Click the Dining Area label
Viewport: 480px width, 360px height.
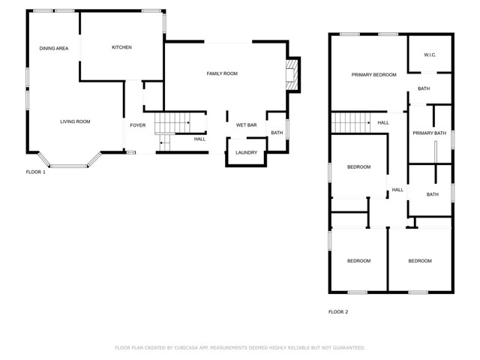coord(54,48)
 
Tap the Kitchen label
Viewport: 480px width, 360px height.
coord(121,47)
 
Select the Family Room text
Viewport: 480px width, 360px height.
coord(222,73)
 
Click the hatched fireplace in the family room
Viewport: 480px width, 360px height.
coord(292,75)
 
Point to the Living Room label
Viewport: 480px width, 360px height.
coord(75,121)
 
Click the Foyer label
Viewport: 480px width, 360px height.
coord(138,125)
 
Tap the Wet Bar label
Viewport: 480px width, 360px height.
coord(247,125)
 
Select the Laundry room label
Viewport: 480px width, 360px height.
coord(247,152)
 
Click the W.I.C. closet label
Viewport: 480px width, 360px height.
coord(430,55)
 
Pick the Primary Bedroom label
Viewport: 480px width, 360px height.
coord(373,75)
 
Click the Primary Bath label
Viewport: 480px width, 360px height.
coord(430,133)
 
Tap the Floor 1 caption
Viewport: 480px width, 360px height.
coord(35,172)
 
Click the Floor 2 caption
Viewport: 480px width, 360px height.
coord(338,312)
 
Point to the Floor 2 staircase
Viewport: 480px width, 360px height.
coord(351,123)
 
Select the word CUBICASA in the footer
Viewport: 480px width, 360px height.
coord(186,348)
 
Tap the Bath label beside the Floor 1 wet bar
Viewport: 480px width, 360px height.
coord(277,133)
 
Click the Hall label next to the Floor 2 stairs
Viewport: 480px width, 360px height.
coord(383,123)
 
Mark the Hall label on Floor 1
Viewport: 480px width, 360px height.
coord(199,139)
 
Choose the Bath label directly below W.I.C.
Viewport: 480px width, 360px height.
coord(424,88)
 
